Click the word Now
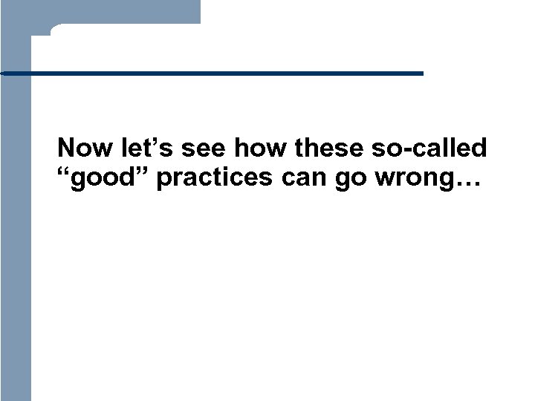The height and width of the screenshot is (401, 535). click(81, 149)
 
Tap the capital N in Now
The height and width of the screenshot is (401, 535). click(66, 149)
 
